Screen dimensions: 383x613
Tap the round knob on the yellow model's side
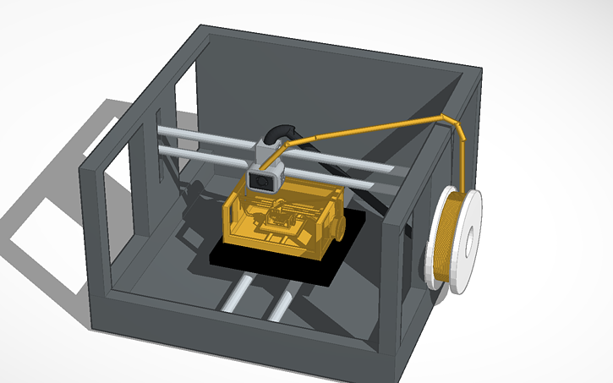point(337,228)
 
